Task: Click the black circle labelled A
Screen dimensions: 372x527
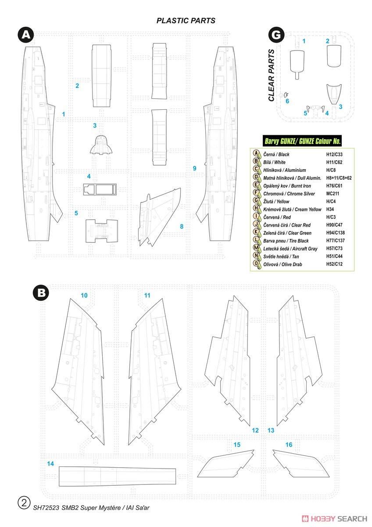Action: coord(26,35)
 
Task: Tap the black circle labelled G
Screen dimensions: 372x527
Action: coord(276,35)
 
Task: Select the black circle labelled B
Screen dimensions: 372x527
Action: coord(41,293)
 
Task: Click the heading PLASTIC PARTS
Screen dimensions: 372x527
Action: coord(186,21)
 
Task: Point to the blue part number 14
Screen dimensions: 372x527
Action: coord(50,463)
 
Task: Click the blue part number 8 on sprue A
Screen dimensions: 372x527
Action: coord(182,226)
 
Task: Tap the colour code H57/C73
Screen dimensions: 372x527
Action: coord(334,248)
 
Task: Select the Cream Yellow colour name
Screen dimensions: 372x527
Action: coord(292,209)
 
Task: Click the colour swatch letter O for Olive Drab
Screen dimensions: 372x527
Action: coord(256,263)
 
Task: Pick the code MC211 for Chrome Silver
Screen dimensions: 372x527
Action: coord(333,193)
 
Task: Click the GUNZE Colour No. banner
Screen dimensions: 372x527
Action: coord(302,141)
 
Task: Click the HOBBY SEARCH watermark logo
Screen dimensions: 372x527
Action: coord(334,519)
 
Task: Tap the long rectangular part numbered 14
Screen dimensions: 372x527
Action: coord(117,476)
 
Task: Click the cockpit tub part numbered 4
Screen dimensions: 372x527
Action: coord(100,189)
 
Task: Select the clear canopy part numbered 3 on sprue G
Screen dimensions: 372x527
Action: coord(334,94)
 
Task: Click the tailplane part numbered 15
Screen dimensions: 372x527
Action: coord(225,463)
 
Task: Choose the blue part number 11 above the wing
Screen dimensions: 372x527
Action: coord(147,295)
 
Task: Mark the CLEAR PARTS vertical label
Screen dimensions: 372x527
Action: coord(272,75)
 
